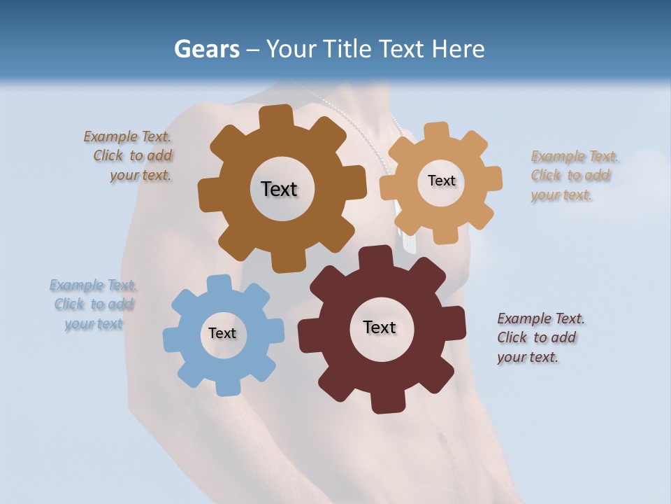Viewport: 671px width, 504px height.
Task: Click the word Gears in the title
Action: coord(206,50)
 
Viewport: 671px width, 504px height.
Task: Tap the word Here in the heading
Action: coord(458,50)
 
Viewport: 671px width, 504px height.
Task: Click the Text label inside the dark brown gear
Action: coord(279,189)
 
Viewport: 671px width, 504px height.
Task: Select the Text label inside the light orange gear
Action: coord(441,181)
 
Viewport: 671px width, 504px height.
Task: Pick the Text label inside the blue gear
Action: coord(222,334)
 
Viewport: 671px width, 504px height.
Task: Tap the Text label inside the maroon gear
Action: coord(380,328)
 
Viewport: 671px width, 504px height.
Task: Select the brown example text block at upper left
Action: coord(129,156)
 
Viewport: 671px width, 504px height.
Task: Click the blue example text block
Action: coord(93,304)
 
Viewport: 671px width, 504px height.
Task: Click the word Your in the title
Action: coord(289,50)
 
